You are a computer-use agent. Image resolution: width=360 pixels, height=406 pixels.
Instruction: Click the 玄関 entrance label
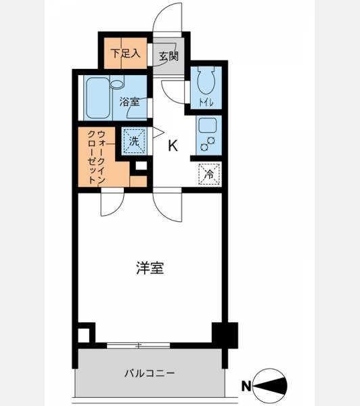click(168, 56)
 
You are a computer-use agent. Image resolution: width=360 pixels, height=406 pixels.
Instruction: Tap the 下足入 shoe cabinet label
click(125, 53)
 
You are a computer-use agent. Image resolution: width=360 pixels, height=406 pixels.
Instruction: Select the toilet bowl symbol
click(206, 81)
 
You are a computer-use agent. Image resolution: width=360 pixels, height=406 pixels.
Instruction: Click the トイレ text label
click(206, 103)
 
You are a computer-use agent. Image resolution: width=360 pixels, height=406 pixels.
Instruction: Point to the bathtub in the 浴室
click(98, 98)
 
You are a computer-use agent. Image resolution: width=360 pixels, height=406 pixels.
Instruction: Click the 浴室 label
click(129, 102)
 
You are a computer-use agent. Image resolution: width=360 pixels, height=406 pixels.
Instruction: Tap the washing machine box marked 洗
click(134, 141)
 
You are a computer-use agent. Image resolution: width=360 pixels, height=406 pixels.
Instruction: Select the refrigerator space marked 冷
click(209, 175)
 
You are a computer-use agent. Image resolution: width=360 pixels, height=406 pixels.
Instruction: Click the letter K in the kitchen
click(173, 145)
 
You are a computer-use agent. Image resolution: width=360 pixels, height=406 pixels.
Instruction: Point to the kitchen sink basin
click(208, 126)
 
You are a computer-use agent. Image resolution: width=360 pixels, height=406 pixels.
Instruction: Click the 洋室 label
click(150, 268)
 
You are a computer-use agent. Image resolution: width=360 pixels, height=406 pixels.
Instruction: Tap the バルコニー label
click(150, 374)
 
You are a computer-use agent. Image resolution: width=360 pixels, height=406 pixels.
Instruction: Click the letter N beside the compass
click(246, 386)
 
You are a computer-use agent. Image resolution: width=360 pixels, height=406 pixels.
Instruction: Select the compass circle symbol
click(269, 386)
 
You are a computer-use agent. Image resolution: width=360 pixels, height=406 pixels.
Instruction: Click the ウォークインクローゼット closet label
click(96, 157)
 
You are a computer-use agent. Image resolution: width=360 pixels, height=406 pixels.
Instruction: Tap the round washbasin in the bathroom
click(117, 84)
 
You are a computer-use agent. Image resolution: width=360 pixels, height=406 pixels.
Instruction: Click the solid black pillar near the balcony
click(225, 336)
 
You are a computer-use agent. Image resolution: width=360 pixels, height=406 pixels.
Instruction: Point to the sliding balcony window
click(138, 345)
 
